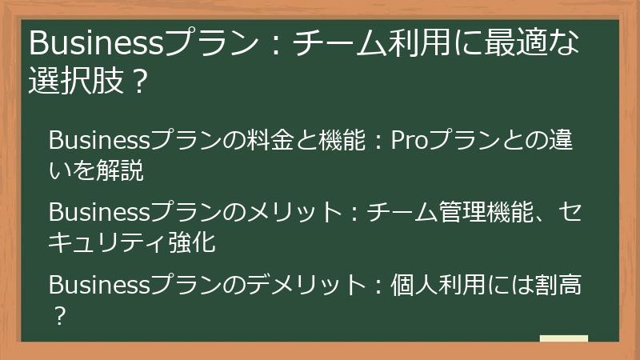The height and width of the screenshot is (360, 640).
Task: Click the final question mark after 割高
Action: coord(58,314)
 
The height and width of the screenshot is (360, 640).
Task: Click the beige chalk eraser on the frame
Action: coord(563,338)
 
